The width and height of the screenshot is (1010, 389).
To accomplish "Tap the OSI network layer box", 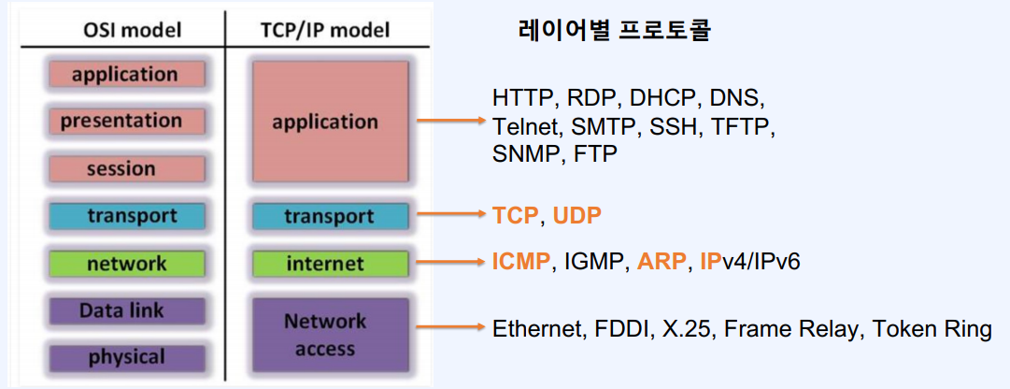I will point(126,263).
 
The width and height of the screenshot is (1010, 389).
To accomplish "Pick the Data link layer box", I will point(126,310).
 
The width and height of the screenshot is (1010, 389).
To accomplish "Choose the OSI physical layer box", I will point(126,357).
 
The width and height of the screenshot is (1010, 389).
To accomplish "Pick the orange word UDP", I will point(577,216).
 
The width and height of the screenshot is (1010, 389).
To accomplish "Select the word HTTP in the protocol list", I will point(519,98).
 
